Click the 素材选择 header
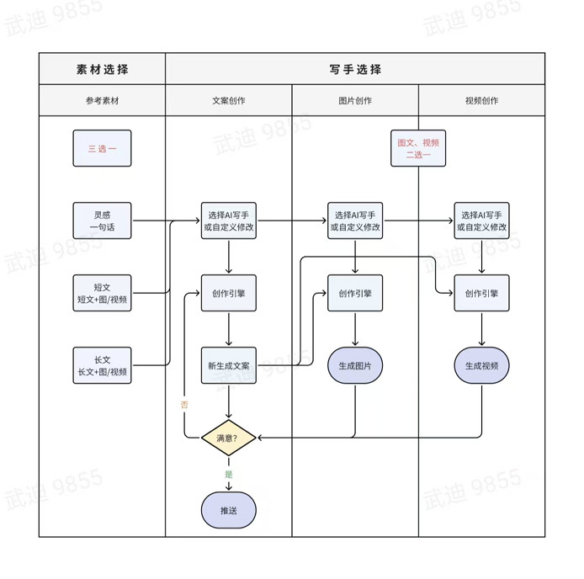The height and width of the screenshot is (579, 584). pyautogui.click(x=102, y=69)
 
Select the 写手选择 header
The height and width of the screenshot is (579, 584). pyautogui.click(x=355, y=69)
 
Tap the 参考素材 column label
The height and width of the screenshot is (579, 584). pyautogui.click(x=102, y=100)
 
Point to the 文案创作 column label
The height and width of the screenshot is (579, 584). pyautogui.click(x=229, y=100)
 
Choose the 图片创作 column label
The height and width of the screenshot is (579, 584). pyautogui.click(x=355, y=100)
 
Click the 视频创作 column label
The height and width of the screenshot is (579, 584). pyautogui.click(x=481, y=100)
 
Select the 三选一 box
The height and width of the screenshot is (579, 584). pyautogui.click(x=102, y=148)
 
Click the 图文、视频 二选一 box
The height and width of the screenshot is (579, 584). pyautogui.click(x=418, y=148)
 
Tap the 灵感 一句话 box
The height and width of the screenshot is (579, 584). pyautogui.click(x=102, y=220)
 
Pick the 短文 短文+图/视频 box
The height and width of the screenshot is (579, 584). pyautogui.click(x=102, y=293)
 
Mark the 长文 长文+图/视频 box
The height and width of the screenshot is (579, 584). pyautogui.click(x=102, y=365)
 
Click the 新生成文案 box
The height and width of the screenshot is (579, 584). pyautogui.click(x=229, y=365)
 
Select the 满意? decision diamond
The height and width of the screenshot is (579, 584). pyautogui.click(x=229, y=438)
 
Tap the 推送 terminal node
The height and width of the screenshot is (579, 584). pyautogui.click(x=229, y=510)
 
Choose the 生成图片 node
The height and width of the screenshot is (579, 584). pyautogui.click(x=355, y=365)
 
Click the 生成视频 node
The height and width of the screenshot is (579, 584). pyautogui.click(x=481, y=365)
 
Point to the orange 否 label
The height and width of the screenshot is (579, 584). pyautogui.click(x=184, y=404)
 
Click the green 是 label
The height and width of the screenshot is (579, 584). pyautogui.click(x=229, y=474)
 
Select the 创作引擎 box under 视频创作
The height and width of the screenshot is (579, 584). pyautogui.click(x=481, y=293)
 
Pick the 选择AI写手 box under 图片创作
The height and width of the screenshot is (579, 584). pyautogui.click(x=355, y=220)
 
